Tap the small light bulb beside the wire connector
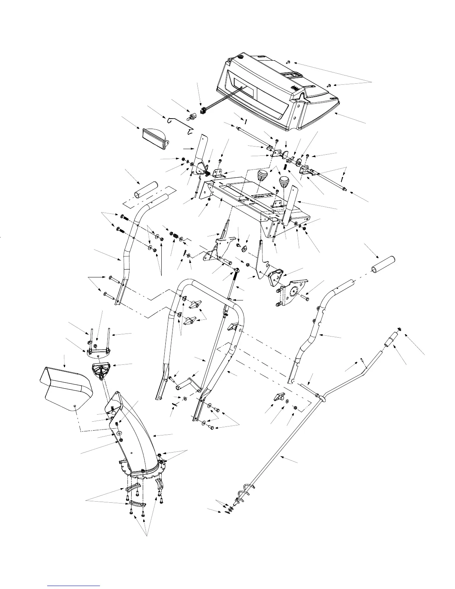point(193,118)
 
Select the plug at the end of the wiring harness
point(203,111)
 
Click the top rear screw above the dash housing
point(288,61)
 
